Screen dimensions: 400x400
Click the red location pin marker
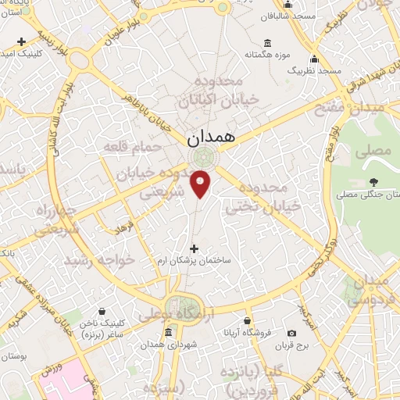click(x=201, y=183)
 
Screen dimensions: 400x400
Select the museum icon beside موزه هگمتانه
click(x=268, y=42)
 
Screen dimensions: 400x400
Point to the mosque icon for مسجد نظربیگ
click(x=314, y=59)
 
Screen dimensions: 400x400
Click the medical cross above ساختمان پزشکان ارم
click(x=194, y=248)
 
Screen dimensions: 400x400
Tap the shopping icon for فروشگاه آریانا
click(x=247, y=322)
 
